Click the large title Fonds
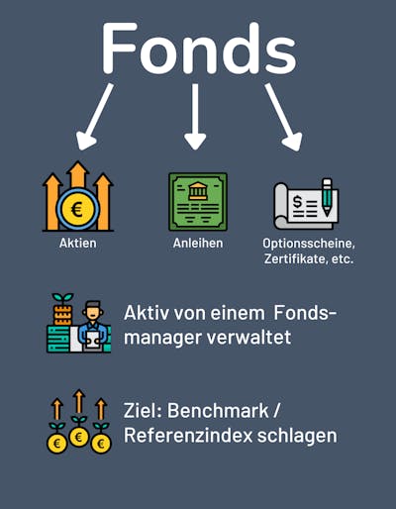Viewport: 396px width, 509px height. point(199,49)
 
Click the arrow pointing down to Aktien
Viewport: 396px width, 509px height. point(94,116)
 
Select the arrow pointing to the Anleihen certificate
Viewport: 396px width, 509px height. point(195,116)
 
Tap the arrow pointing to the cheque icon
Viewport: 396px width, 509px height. point(284,117)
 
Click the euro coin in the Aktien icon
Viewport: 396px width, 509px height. point(78,209)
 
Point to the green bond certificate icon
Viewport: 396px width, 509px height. point(198,201)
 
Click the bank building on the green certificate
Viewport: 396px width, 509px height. point(198,190)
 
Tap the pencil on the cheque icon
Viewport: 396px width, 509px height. point(327,197)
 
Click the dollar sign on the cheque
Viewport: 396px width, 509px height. point(297,202)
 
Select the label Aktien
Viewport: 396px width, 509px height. point(78,244)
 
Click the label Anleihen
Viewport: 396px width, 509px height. point(198,244)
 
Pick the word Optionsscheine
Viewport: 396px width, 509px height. point(308,244)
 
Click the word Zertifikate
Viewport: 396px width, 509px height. point(295,258)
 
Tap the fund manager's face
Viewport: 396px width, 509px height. point(93,312)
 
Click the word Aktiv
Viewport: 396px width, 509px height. point(147,313)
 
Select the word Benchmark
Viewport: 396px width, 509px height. point(218,411)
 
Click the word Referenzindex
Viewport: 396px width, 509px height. point(188,436)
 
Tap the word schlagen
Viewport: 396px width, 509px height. point(297,437)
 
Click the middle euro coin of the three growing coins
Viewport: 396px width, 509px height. point(78,437)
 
